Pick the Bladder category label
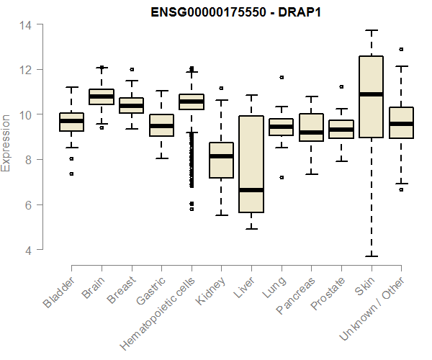pyautogui.click(x=59, y=292)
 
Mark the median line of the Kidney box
pyautogui.click(x=221, y=156)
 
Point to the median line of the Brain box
pyautogui.click(x=102, y=96)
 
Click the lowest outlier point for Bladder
pyautogui.click(x=71, y=174)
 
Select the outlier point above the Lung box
pyautogui.click(x=282, y=77)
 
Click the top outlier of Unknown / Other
pyautogui.click(x=401, y=50)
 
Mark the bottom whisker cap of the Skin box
pyautogui.click(x=371, y=256)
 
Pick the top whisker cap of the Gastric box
pyautogui.click(x=161, y=91)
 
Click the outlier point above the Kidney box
pyautogui.click(x=221, y=88)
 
